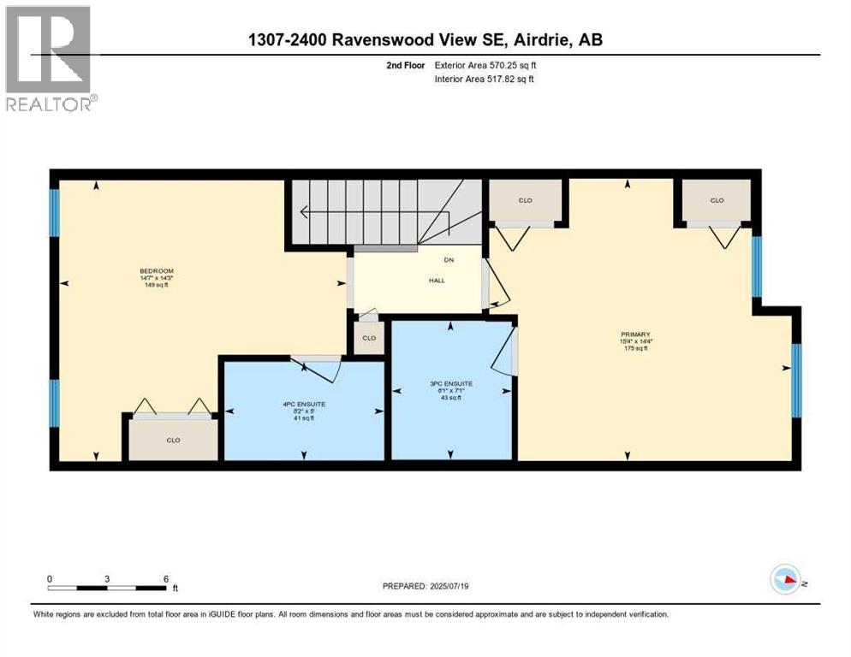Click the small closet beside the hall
point(368,337)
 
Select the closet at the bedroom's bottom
point(173,441)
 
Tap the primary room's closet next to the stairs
point(525,200)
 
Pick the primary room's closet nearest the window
point(717,200)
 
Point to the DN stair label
point(448,260)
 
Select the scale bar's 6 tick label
point(164,578)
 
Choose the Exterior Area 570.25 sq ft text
point(485,65)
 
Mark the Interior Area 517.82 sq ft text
point(485,80)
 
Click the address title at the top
point(425,39)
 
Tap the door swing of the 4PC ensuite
point(321,370)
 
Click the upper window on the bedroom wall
point(54,212)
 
